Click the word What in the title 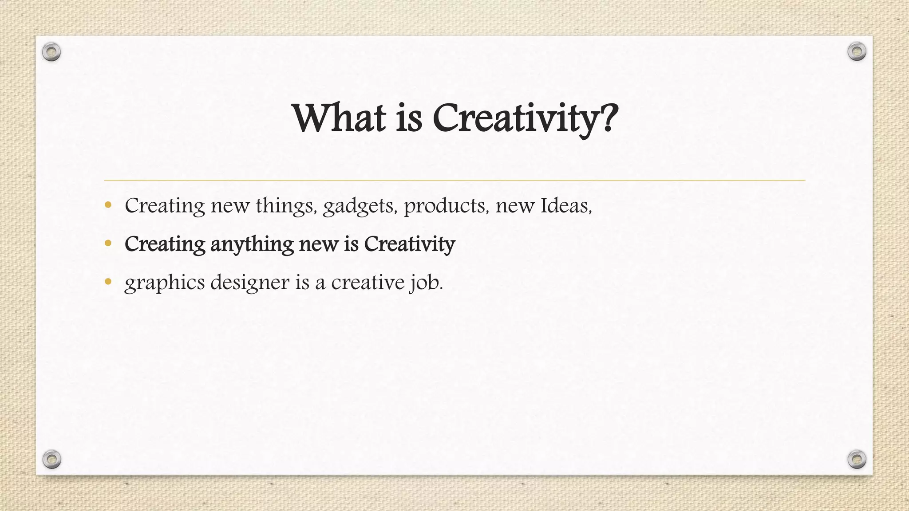pyautogui.click(x=339, y=118)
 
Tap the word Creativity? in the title pyautogui.click(x=525, y=118)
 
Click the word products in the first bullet pyautogui.click(x=445, y=206)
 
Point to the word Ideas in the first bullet pyautogui.click(x=565, y=205)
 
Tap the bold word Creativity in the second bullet pyautogui.click(x=409, y=244)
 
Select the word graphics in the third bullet pyautogui.click(x=165, y=283)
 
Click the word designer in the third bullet pyautogui.click(x=250, y=283)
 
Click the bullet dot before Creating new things pyautogui.click(x=108, y=205)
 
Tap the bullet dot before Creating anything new pyautogui.click(x=108, y=243)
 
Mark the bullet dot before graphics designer pyautogui.click(x=108, y=281)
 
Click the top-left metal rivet pyautogui.click(x=51, y=52)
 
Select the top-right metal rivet pyautogui.click(x=857, y=51)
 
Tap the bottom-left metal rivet pyautogui.click(x=51, y=459)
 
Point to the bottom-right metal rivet pyautogui.click(x=857, y=459)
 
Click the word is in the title pyautogui.click(x=409, y=118)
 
